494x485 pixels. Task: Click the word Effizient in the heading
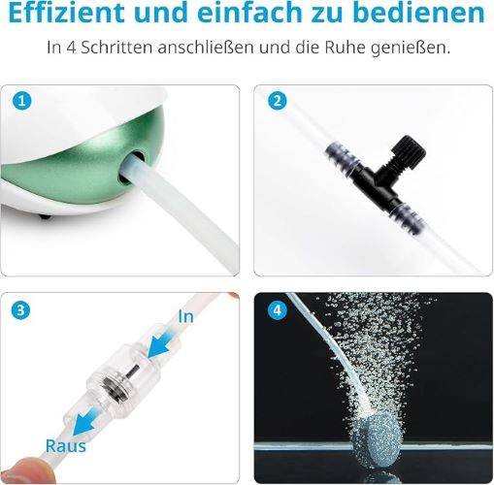[66, 13]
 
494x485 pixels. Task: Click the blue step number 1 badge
[22, 101]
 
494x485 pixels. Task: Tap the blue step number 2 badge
[278, 101]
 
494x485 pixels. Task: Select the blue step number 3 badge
[20, 310]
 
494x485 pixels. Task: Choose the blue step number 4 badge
[278, 310]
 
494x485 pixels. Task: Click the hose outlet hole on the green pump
[132, 168]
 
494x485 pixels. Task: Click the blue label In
[185, 316]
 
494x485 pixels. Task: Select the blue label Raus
[66, 446]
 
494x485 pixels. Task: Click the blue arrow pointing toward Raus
[83, 420]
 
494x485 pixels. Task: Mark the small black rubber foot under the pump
[45, 216]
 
